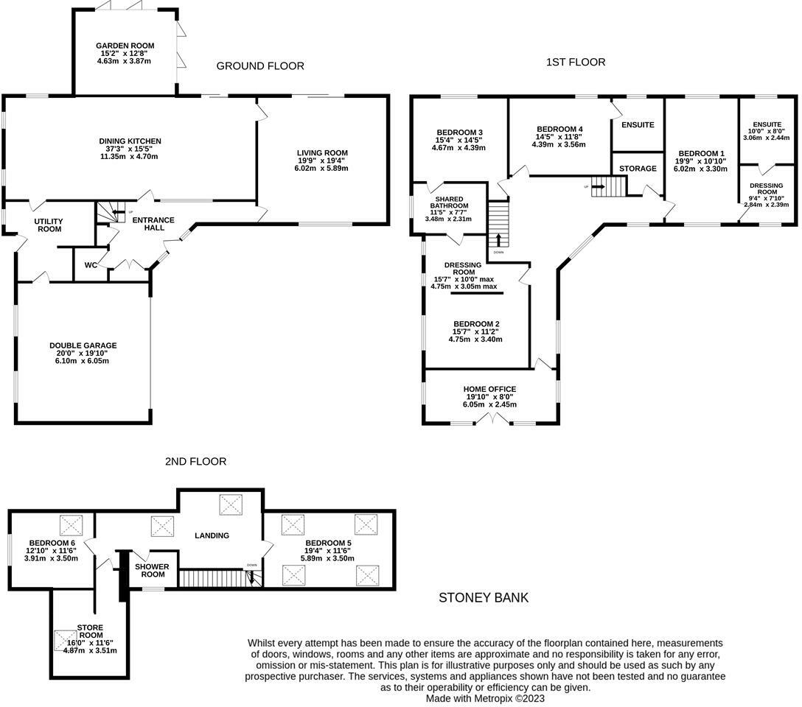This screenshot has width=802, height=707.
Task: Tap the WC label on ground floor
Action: [x=91, y=265]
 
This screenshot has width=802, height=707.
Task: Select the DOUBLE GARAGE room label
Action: [x=83, y=345]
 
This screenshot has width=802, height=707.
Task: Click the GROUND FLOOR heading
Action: [x=260, y=66]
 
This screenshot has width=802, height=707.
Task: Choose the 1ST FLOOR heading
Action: [x=576, y=63]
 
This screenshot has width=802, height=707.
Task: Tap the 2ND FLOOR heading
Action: [x=195, y=462]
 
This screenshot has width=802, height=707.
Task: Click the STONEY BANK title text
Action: [x=484, y=597]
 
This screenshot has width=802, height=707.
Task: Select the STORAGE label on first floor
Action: [x=638, y=169]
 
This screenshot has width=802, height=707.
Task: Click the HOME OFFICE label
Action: [x=489, y=389]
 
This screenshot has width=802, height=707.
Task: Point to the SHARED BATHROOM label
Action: [x=449, y=203]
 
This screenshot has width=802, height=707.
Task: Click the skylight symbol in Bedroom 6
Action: [x=72, y=525]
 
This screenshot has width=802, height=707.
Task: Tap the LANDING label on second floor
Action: [x=212, y=535]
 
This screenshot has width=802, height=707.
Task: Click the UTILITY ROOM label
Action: [x=49, y=225]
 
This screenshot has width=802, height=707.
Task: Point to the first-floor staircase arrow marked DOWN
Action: [x=498, y=240]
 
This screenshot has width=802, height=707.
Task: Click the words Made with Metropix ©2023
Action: [x=486, y=698]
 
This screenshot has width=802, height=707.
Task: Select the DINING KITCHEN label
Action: [x=130, y=141]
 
